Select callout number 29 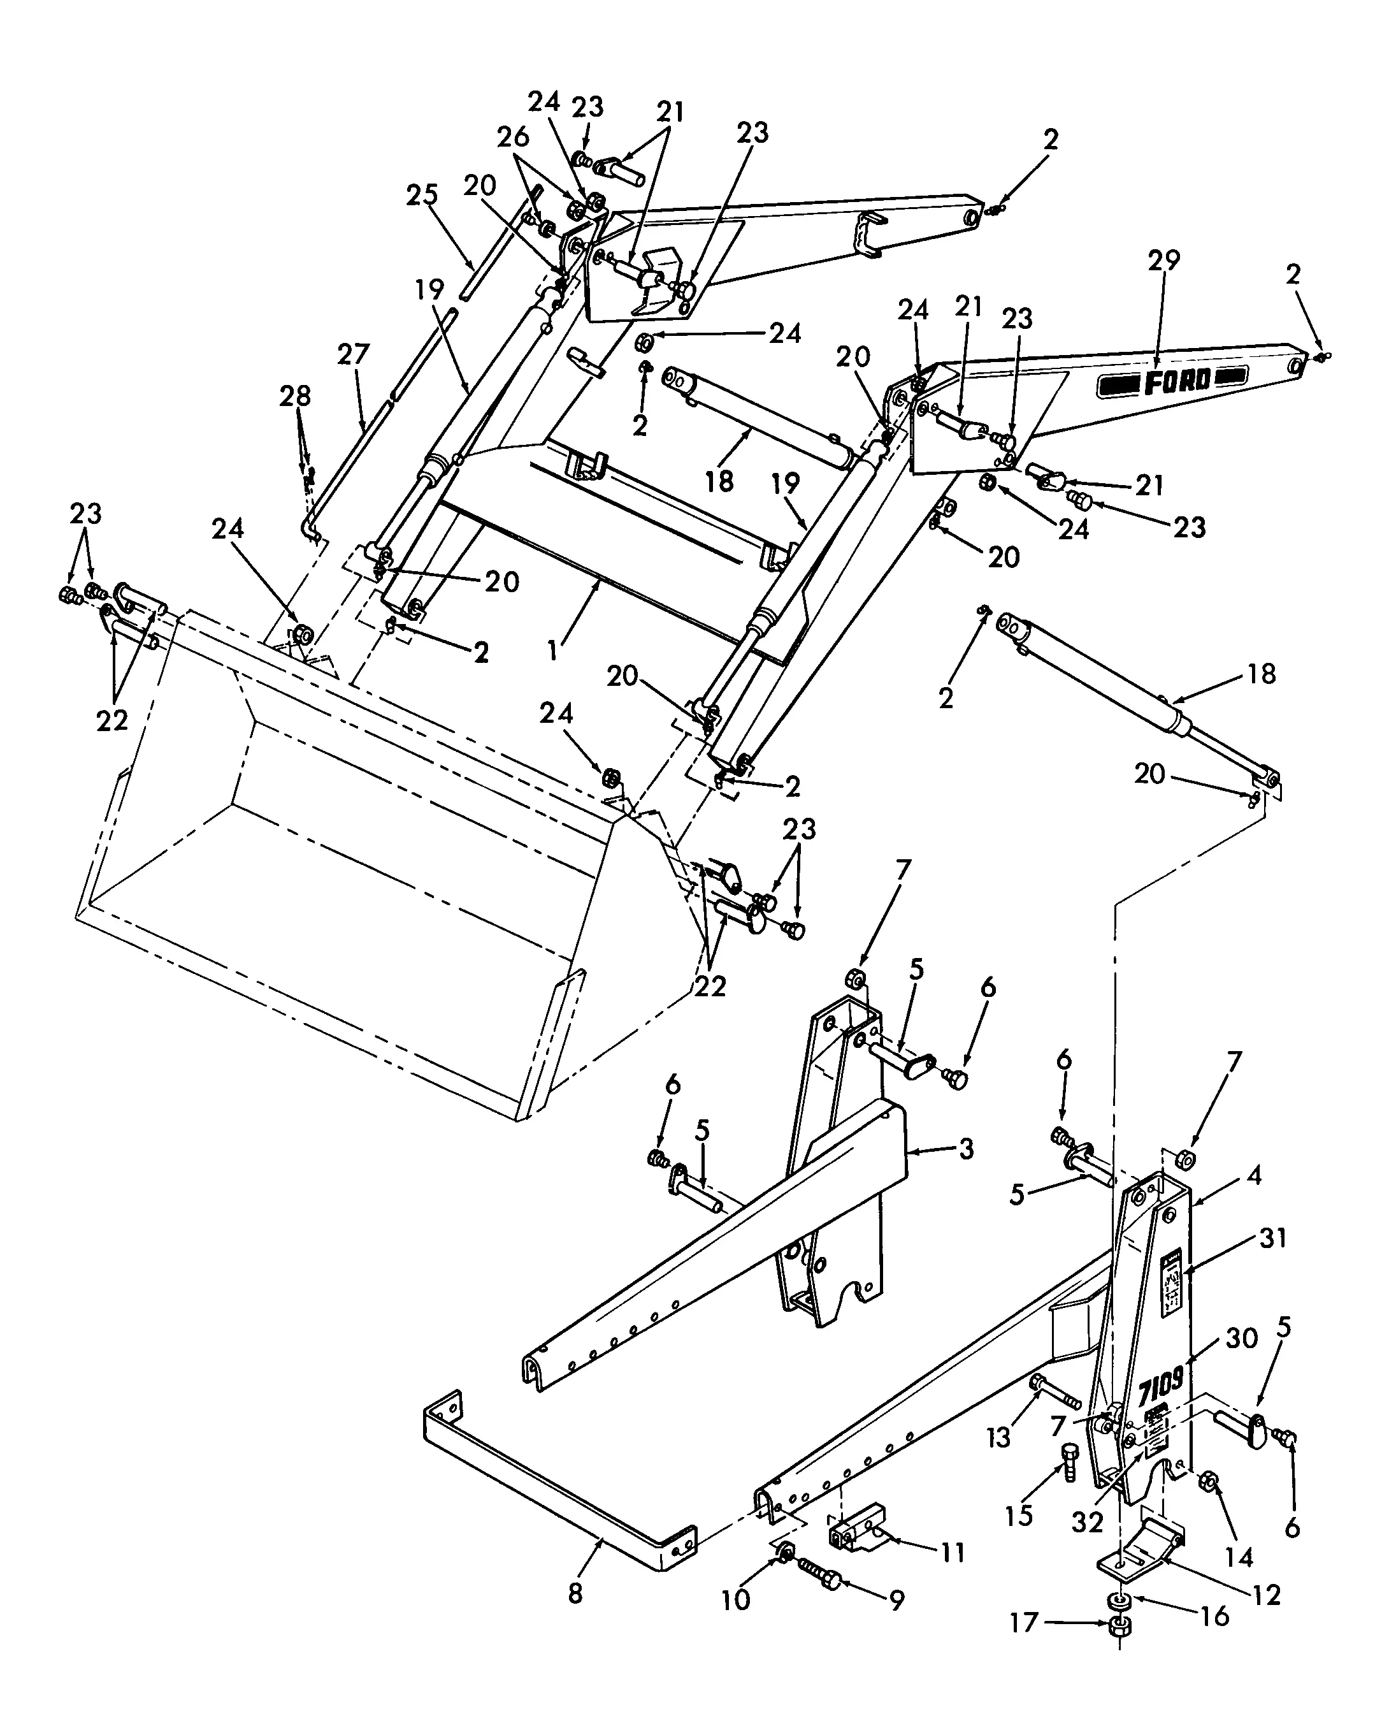(x=1163, y=261)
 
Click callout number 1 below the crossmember (x=552, y=651)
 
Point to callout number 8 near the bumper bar (x=576, y=1593)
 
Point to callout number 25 (x=422, y=194)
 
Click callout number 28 (x=295, y=396)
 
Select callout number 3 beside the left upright (x=966, y=1149)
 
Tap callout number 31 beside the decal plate (x=1272, y=1238)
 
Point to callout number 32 (x=1088, y=1521)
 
